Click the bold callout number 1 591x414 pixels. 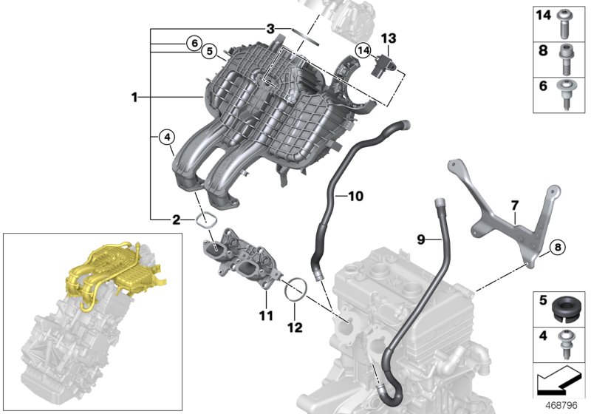tap(134, 97)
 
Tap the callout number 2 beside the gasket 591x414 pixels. tap(176, 220)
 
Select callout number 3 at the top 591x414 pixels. tap(271, 29)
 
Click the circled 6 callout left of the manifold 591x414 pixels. tap(193, 43)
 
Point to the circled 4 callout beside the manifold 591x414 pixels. tap(166, 137)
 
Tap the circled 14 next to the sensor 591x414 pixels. tap(362, 50)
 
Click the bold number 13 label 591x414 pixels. tap(389, 38)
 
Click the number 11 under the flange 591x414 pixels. tap(266, 316)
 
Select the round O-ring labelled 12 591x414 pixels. tap(295, 288)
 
